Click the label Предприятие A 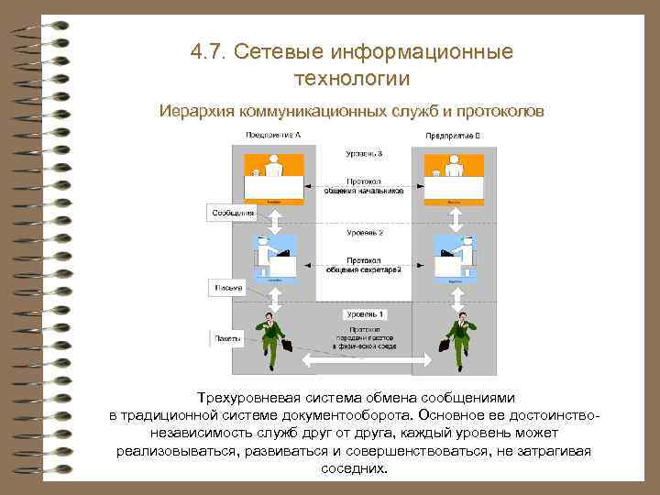coord(273,135)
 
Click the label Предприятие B coord(453,136)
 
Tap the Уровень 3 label coord(364,153)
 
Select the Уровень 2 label coord(364,234)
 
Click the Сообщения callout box coord(233,213)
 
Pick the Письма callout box coord(228,288)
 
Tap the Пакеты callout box coord(227,339)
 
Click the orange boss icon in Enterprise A coord(273,179)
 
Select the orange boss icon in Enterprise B coord(453,179)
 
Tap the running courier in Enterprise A coord(272,339)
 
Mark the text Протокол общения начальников coord(365,187)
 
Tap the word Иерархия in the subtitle coord(196,111)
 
